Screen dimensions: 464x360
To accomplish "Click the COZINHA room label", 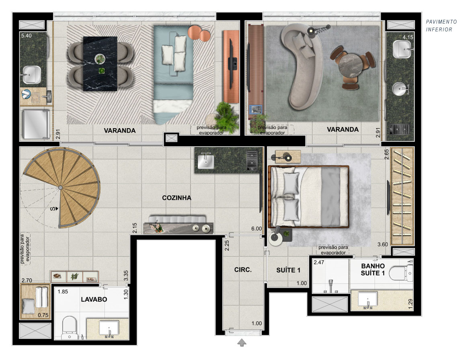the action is [x=177, y=198].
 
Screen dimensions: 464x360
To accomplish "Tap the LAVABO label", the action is [x=94, y=299].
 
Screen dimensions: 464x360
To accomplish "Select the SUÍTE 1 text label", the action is [x=288, y=270].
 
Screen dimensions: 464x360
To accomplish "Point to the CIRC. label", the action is [x=242, y=270].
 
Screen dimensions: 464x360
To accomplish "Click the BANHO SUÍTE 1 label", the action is [x=373, y=270].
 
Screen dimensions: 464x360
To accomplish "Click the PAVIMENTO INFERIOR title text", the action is [x=441, y=25].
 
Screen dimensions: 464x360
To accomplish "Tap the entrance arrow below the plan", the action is [x=242, y=343].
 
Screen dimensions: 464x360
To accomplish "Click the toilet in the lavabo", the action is [x=70, y=328].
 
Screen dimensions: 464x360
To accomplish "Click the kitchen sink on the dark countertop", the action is [x=205, y=162].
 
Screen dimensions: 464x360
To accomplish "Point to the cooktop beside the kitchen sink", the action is [x=252, y=161].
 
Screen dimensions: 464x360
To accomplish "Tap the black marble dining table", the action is [x=100, y=63].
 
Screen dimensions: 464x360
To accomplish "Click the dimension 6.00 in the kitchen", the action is [x=256, y=229].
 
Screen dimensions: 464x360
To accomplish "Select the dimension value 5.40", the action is [x=27, y=35].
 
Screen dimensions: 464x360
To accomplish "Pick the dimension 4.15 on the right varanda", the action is [x=407, y=37].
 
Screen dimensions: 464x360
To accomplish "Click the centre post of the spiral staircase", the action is [x=60, y=188].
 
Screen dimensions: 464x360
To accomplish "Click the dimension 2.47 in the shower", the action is [x=319, y=262].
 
